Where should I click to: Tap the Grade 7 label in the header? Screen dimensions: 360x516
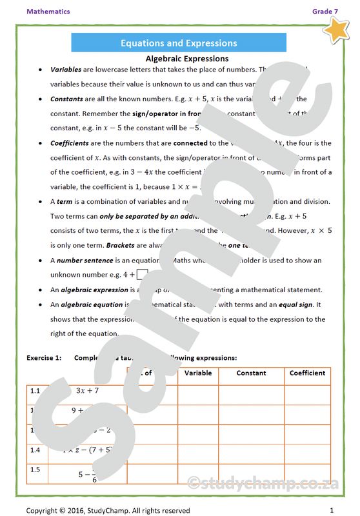click(325, 12)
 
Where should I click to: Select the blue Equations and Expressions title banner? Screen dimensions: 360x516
click(179, 43)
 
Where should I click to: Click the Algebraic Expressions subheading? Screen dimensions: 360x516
click(178, 59)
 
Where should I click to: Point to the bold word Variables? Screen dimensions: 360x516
click(66, 69)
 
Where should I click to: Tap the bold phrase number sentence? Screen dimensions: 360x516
click(85, 260)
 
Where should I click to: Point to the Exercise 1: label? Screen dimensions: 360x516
click(44, 357)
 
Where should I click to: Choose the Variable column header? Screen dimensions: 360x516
click(198, 373)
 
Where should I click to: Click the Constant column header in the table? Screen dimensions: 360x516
click(251, 373)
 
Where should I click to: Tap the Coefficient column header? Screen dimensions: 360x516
click(307, 373)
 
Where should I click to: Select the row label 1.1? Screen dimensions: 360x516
click(35, 390)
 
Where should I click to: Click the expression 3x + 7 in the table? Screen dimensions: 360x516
click(87, 390)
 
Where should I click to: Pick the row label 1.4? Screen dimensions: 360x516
click(35, 450)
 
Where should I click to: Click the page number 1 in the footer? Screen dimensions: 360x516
click(331, 510)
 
